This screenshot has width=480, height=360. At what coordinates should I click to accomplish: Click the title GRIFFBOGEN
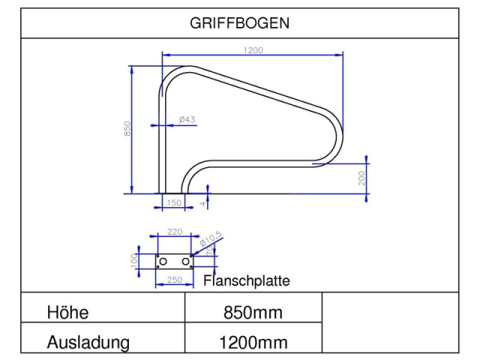pyautogui.click(x=239, y=23)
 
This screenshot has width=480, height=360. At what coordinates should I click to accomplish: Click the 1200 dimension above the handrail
pyautogui.click(x=253, y=50)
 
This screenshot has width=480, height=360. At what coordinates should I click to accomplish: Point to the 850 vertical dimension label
pyautogui.click(x=127, y=128)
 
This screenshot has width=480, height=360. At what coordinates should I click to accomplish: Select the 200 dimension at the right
pyautogui.click(x=361, y=178)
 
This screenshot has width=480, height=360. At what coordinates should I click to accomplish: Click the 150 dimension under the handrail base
pyautogui.click(x=173, y=202)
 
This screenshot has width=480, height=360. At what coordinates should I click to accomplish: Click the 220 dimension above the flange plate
pyautogui.click(x=175, y=232)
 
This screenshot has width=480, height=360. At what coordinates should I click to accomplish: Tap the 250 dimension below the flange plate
pyautogui.click(x=174, y=280)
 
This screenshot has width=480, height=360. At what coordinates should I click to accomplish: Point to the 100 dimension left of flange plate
pyautogui.click(x=134, y=259)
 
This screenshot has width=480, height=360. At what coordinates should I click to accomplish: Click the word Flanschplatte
pyautogui.click(x=247, y=281)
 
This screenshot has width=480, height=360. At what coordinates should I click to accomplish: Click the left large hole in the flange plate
pyautogui.click(x=166, y=260)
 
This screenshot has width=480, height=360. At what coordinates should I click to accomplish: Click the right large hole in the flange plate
pyautogui.click(x=184, y=260)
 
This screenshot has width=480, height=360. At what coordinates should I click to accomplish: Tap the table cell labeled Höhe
pyautogui.click(x=73, y=312)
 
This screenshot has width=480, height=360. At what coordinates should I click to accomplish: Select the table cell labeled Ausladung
pyautogui.click(x=88, y=343)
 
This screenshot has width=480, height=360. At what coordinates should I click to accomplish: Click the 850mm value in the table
pyautogui.click(x=253, y=312)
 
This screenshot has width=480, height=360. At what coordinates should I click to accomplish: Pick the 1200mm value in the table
pyautogui.click(x=253, y=343)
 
